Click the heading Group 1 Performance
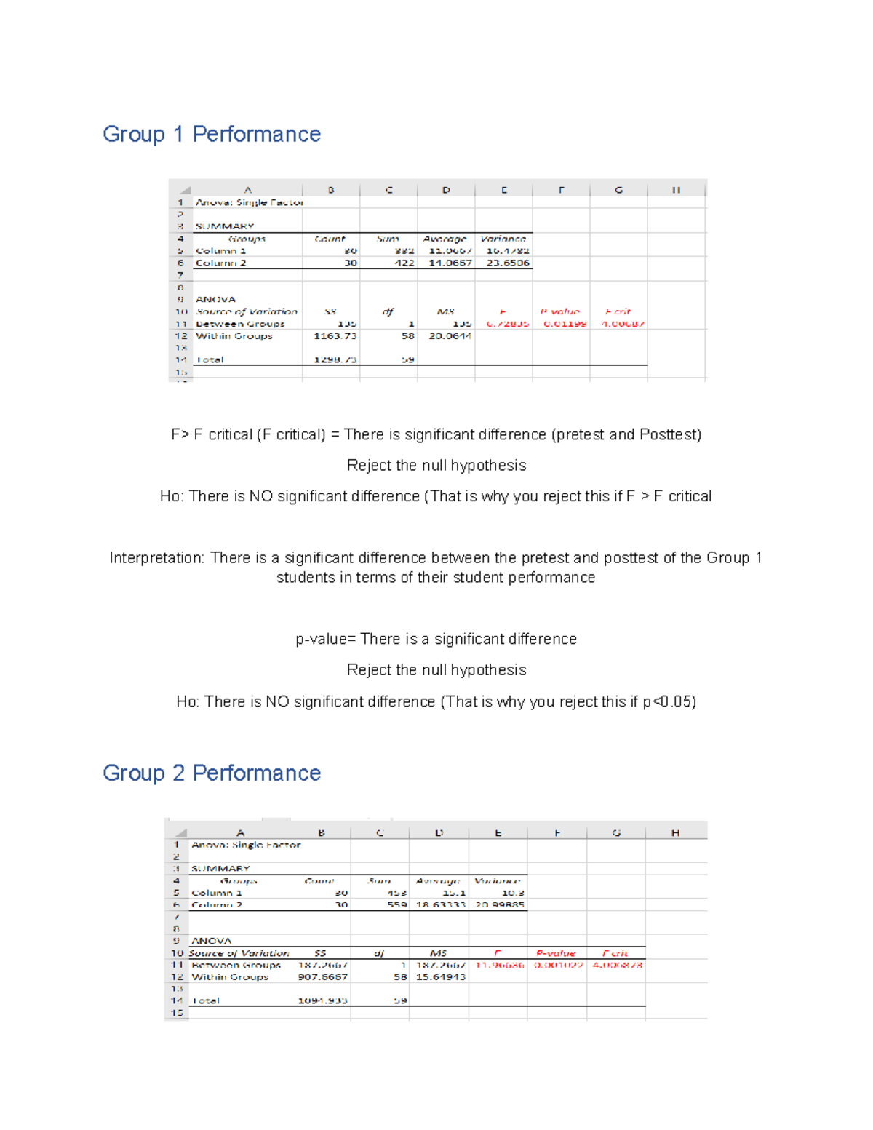tap(212, 134)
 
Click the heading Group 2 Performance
tap(212, 773)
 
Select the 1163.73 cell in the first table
tap(335, 336)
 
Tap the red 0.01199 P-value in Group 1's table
tap(565, 324)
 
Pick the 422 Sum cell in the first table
tap(404, 263)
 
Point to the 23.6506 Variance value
tap(507, 263)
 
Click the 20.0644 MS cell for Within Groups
tap(450, 336)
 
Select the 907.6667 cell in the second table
tap(322, 977)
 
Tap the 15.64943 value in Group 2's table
tap(440, 977)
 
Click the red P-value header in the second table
tap(556, 953)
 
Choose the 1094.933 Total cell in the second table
tap(322, 1001)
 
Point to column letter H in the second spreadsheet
tap(675, 833)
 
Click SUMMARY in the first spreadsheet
tap(224, 226)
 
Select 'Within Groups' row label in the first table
tap(234, 336)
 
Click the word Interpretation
tap(156, 558)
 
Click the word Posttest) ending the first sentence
tap(670, 434)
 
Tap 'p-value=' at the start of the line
tap(325, 639)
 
